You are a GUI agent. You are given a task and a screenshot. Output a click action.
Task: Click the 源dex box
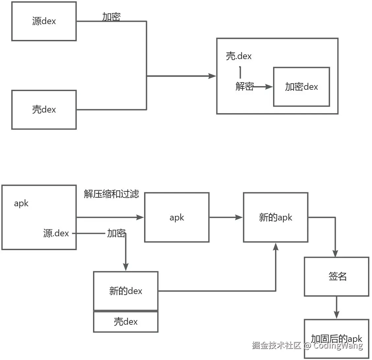point(44,21)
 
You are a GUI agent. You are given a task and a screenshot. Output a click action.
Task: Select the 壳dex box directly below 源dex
point(44,110)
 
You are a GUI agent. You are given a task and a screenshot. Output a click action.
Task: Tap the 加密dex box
point(301,87)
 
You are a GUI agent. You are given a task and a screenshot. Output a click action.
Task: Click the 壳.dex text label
point(239,56)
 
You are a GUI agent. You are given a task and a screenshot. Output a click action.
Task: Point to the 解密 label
point(244,86)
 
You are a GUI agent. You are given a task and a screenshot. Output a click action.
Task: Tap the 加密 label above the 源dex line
point(111,17)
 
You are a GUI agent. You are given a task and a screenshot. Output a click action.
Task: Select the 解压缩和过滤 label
point(111,194)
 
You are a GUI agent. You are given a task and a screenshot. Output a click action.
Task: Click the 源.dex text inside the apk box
point(56,233)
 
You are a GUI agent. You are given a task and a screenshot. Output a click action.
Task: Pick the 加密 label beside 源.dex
point(116,233)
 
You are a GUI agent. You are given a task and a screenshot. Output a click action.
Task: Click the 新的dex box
point(126,291)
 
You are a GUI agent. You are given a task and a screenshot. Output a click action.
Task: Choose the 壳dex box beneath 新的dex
point(126,322)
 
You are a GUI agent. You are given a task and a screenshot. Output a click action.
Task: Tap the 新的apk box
point(276,217)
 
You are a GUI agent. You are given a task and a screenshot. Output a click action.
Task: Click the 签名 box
point(336,277)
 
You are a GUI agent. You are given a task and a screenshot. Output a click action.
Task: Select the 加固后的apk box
point(336,339)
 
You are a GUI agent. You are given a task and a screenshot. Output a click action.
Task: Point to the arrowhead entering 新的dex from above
point(125,267)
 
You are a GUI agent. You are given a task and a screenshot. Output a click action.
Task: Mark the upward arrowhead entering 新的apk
point(276,246)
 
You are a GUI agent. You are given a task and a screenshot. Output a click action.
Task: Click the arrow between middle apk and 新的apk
point(226,217)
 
